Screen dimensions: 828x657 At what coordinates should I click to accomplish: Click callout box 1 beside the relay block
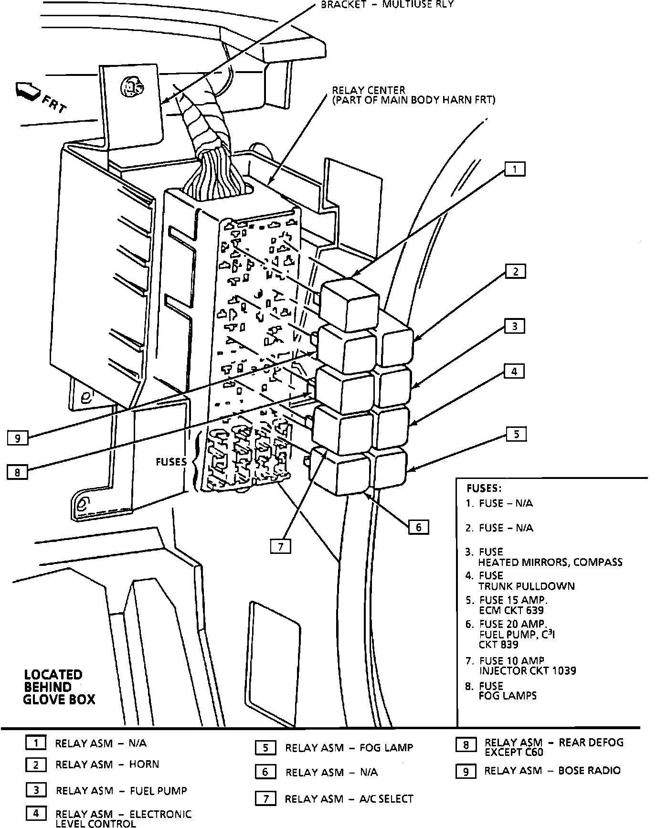pos(515,169)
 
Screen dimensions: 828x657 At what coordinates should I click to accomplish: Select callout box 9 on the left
pos(18,437)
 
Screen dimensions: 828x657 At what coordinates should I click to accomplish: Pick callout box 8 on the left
pos(17,472)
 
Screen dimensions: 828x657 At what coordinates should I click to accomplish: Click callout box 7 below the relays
pos(281,546)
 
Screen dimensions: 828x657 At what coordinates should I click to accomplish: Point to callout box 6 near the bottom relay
pos(419,527)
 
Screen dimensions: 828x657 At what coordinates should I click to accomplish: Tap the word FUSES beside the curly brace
pos(171,462)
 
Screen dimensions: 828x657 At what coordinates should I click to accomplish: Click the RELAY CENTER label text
pos(369,90)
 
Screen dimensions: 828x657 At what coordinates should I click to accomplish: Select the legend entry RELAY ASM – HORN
pos(107,764)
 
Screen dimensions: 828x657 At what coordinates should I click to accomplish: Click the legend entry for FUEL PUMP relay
pos(121,790)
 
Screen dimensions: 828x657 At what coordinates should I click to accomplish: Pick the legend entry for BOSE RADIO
pos(552,770)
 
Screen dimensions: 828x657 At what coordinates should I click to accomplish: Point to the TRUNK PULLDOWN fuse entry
pos(526,586)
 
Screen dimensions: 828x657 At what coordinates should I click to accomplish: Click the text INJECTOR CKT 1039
pos(528,670)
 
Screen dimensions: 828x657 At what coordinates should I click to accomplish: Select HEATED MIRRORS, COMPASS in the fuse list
pos(550,562)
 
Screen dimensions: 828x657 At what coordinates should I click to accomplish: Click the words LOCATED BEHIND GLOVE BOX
pos(59,687)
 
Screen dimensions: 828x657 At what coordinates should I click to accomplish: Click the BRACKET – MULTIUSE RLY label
pos(387,4)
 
